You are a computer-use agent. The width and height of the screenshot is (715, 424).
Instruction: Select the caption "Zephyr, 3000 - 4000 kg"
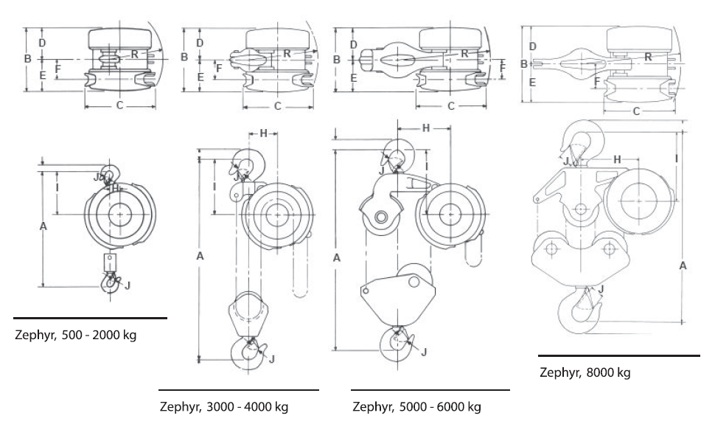point(224,406)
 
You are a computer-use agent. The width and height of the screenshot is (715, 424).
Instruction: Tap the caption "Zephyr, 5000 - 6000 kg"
point(417,406)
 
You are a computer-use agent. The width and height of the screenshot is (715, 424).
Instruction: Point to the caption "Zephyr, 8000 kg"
point(584,372)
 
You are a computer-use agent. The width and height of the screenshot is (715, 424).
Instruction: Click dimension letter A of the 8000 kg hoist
point(683,265)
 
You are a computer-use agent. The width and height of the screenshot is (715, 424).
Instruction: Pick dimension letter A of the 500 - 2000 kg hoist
point(43,227)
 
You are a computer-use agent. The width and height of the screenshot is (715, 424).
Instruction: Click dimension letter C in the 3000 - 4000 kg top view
point(278,106)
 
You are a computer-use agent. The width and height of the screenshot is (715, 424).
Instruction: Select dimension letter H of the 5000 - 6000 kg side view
point(425,128)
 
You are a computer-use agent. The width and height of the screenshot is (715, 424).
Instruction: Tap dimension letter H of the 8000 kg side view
point(618,159)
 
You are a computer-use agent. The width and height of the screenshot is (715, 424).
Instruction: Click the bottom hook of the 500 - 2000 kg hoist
point(111,281)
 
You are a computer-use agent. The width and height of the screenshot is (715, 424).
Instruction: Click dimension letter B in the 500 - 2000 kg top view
point(27,58)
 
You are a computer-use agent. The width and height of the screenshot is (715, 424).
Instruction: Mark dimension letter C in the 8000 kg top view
point(635,111)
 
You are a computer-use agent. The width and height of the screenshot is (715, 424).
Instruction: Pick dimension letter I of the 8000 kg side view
point(676,158)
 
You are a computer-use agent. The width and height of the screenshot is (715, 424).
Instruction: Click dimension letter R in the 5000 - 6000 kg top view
point(464,53)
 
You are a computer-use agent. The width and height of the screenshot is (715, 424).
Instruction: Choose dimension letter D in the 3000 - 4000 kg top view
point(199,43)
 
